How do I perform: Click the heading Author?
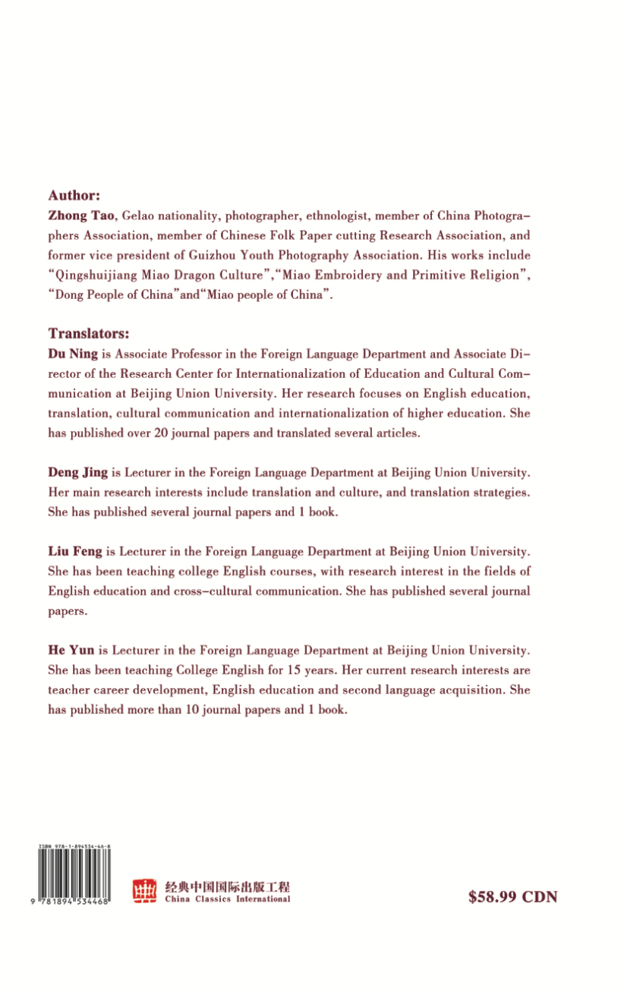click(x=74, y=195)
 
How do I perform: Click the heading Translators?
click(x=89, y=333)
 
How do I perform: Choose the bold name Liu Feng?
click(x=74, y=551)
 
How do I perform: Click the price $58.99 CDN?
click(x=513, y=896)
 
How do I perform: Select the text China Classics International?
click(x=227, y=899)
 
